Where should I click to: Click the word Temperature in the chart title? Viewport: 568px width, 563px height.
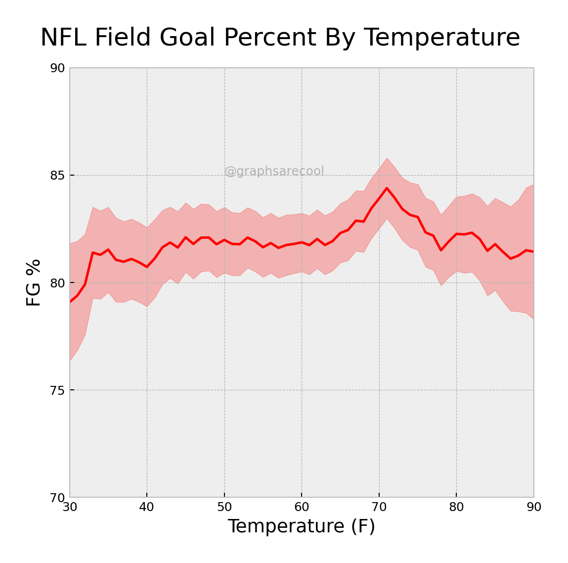(442, 38)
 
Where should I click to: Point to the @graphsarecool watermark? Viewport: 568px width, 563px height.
(274, 171)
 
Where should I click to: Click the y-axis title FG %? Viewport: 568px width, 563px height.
(34, 282)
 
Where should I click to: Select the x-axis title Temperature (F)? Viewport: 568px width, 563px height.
(301, 526)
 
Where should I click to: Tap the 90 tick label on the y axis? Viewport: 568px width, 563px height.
(58, 68)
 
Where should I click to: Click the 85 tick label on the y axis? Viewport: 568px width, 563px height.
(58, 176)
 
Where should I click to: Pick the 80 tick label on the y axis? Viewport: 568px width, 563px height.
(58, 283)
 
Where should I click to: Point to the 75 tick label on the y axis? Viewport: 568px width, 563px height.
(58, 390)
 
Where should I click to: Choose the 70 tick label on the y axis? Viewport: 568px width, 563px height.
(58, 498)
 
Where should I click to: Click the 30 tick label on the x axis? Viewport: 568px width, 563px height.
(70, 508)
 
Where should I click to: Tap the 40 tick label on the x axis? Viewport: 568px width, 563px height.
(147, 508)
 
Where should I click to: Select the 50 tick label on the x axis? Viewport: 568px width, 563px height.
(224, 508)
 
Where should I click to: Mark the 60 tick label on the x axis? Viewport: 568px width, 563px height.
(302, 508)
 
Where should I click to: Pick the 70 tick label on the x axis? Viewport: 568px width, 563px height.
(379, 508)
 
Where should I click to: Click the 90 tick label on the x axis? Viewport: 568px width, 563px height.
(534, 508)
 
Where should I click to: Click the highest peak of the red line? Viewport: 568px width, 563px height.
(387, 188)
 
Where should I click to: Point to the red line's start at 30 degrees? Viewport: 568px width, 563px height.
(70, 301)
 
